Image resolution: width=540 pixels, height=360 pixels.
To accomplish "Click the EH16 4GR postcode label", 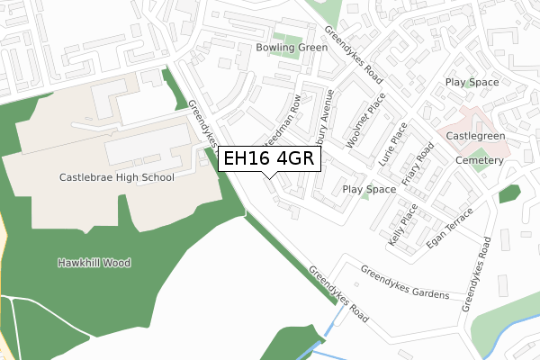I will (267, 158).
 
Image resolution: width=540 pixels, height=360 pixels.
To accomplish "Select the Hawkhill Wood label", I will (94, 263).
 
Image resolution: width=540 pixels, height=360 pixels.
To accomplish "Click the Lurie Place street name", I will (393, 142).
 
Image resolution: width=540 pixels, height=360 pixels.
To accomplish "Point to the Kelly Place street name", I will (401, 226).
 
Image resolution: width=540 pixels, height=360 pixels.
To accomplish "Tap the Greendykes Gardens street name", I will (404, 282).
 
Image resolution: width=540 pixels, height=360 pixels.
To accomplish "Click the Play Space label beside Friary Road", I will (369, 189).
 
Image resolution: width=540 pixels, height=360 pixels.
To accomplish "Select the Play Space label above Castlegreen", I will (472, 83).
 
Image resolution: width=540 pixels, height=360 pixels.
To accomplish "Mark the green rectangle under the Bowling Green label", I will (287, 63).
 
